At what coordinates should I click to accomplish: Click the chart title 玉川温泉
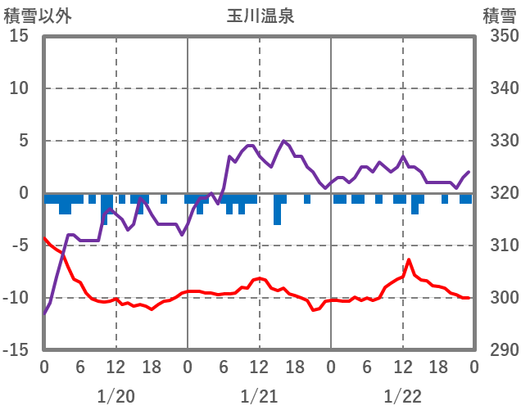tap(260, 16)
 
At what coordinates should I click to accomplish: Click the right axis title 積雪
tap(498, 16)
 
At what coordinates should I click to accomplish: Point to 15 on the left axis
tap(19, 37)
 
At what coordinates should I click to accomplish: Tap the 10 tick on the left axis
tap(19, 88)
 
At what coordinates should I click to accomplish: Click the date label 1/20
tap(116, 396)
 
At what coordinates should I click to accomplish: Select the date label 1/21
tap(259, 396)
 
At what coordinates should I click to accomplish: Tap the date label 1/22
tap(402, 396)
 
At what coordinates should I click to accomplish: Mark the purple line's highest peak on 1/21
tap(283, 141)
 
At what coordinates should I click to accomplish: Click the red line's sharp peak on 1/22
tap(409, 259)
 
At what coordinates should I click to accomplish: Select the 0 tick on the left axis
tap(24, 193)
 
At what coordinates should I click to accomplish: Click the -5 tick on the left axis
tap(19, 246)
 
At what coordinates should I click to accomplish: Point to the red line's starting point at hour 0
tap(44, 238)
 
